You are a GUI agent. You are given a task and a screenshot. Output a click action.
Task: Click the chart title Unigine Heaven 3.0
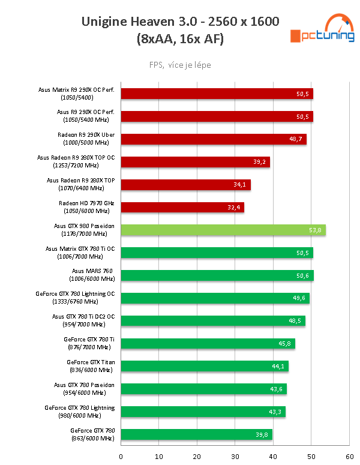tap(180, 23)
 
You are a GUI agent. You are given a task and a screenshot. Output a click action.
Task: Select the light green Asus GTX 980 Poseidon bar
tap(223, 230)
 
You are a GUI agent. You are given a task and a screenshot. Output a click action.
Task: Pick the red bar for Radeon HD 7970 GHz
tap(182, 207)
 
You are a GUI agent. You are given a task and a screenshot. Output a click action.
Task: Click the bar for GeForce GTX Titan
tap(205, 366)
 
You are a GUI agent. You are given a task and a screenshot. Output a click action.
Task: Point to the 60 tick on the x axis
tap(349, 456)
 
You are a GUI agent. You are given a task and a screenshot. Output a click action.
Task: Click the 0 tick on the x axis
tap(121, 456)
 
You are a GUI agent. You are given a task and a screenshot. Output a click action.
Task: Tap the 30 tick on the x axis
tap(235, 456)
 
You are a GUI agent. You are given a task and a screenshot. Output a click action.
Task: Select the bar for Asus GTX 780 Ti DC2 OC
tap(213, 320)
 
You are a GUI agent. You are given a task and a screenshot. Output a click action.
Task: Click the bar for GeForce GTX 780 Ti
tap(208, 343)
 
